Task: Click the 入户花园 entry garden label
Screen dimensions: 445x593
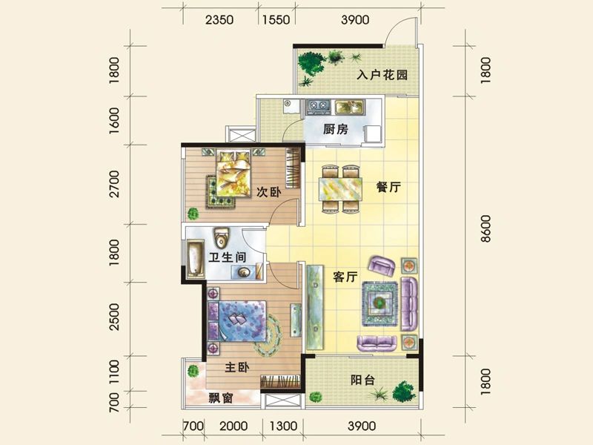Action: pos(382,76)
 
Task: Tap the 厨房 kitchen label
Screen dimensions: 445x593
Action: pos(336,129)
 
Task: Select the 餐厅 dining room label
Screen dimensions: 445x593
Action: pos(388,188)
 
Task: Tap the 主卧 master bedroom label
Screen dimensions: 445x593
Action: pos(238,366)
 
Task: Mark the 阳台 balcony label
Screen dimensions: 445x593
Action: pos(362,380)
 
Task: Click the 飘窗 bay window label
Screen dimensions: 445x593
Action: pos(220,398)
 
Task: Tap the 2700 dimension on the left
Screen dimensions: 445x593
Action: pos(114,186)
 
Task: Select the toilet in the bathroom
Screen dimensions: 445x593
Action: pos(221,239)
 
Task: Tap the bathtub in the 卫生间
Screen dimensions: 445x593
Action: pos(196,259)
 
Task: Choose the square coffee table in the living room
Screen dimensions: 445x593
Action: pos(380,301)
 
